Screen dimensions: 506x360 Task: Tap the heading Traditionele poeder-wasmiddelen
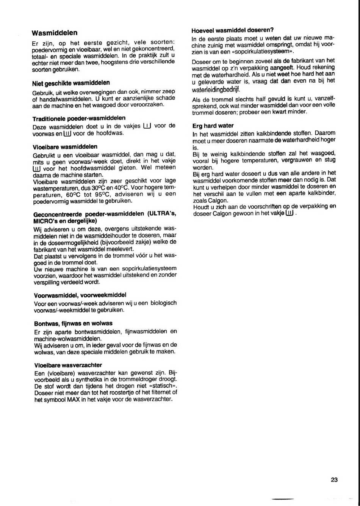pos(79,118)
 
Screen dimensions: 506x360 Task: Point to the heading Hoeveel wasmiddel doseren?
pos(233,30)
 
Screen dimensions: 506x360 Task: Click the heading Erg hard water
pos(213,126)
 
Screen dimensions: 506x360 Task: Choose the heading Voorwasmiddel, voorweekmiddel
pos(80,295)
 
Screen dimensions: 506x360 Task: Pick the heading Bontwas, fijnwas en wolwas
pos(73,324)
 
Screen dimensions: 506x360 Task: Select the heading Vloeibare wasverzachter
pos(68,365)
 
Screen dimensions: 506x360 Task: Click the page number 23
pos(334,479)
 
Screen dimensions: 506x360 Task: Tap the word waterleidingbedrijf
pos(216,90)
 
